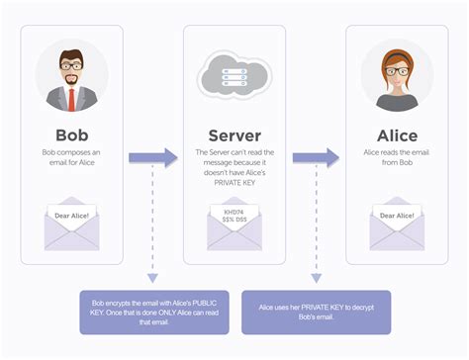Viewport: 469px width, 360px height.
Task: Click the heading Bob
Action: (x=72, y=134)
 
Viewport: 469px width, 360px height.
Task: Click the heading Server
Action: (x=234, y=134)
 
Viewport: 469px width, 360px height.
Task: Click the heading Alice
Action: (x=397, y=134)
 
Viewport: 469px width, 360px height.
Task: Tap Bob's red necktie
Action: (x=72, y=99)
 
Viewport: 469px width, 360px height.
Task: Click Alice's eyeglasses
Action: (x=396, y=69)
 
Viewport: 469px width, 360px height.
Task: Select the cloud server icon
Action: (x=234, y=74)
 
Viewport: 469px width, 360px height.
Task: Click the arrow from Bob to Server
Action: (x=153, y=156)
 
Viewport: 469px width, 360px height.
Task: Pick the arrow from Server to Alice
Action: (x=316, y=156)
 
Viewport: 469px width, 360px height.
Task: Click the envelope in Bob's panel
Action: (x=72, y=223)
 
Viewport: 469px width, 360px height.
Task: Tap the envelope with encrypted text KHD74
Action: (x=234, y=224)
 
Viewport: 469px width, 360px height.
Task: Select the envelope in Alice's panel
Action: (x=397, y=223)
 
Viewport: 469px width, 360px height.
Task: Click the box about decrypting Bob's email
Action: (x=316, y=310)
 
